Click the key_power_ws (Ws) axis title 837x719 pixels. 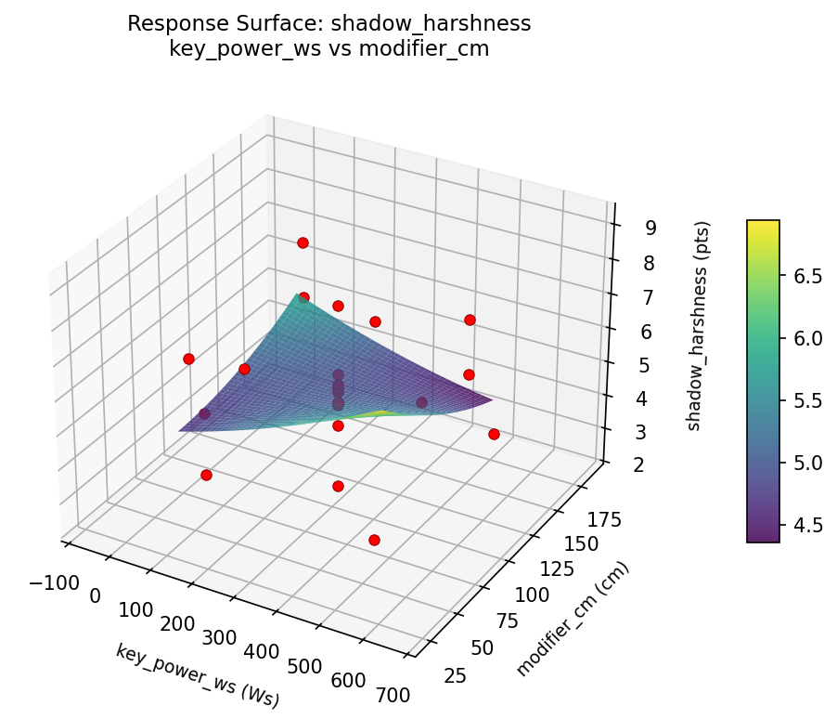[198, 675]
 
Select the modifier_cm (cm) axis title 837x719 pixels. [573, 620]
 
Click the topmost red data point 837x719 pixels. [303, 242]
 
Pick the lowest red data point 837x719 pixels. [374, 540]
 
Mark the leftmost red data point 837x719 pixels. [188, 359]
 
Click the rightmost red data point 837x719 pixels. [494, 434]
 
